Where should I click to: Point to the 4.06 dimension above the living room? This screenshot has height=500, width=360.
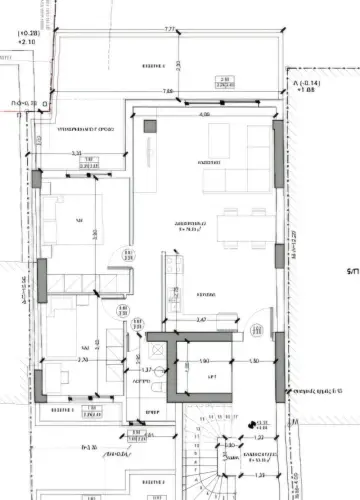coord(204,115)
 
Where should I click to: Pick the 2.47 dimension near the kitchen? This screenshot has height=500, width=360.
coord(200,320)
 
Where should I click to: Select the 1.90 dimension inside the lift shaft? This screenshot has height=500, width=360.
coord(203,361)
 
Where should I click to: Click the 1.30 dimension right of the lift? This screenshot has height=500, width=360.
coord(254,361)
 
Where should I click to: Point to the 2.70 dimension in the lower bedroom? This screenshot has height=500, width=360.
coord(83,359)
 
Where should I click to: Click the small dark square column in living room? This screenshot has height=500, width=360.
coord(150,128)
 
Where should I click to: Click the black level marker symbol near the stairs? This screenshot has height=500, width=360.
coord(257,423)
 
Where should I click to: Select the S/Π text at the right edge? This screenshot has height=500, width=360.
coord(351,270)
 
